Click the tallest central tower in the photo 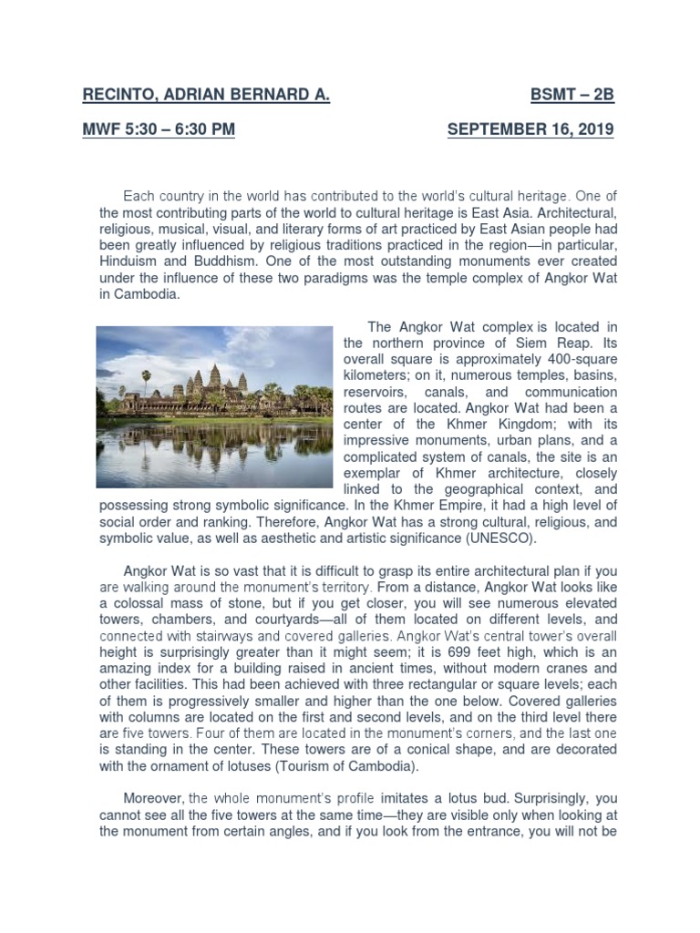(215, 375)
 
